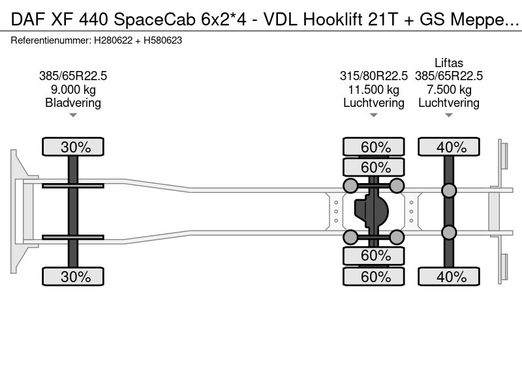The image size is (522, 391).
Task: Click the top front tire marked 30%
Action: tap(73, 147)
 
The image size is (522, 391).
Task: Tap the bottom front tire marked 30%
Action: tap(73, 276)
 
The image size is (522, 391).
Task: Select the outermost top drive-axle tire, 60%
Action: tap(373, 147)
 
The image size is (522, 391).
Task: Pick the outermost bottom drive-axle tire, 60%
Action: tap(373, 276)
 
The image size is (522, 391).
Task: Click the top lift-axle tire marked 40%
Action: tap(449, 147)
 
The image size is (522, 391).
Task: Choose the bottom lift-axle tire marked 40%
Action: tap(449, 276)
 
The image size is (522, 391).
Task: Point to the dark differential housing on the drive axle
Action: tap(371, 211)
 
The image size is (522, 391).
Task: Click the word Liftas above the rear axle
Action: tap(449, 63)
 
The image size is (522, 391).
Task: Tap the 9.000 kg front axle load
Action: tap(73, 89)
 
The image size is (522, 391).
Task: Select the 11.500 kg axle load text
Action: tap(373, 89)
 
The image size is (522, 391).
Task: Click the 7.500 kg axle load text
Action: tap(449, 89)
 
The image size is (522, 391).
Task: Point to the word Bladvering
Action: tap(73, 103)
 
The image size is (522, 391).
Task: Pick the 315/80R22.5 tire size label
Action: tap(373, 76)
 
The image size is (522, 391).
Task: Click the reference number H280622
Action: tap(113, 40)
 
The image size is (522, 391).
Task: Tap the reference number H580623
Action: tap(162, 40)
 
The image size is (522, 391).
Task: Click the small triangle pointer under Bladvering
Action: tap(73, 115)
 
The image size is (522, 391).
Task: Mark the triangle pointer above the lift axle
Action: tap(449, 115)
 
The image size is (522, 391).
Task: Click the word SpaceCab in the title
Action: tap(155, 20)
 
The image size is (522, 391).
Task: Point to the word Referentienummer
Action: tap(51, 40)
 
